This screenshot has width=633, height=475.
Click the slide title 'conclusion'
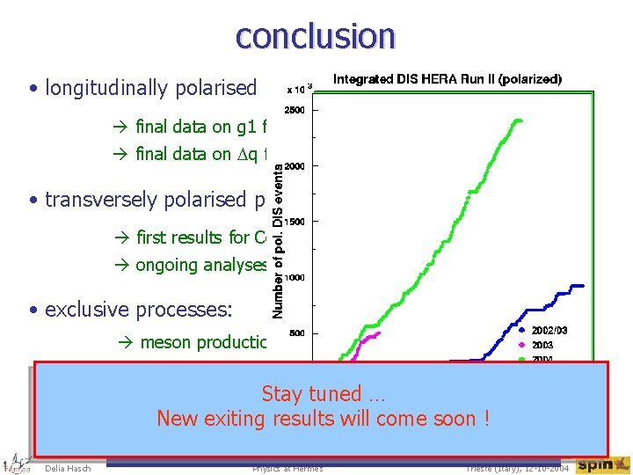coord(316,35)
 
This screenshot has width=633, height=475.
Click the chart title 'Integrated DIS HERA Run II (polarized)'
coord(447,79)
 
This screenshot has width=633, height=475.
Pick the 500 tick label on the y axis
coord(296,333)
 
